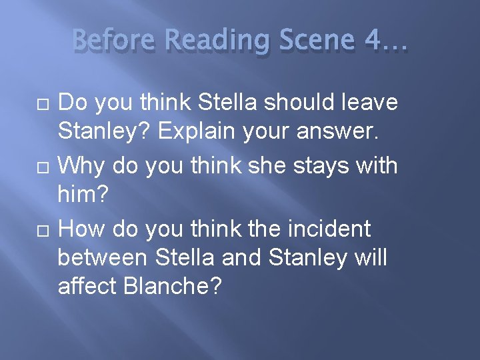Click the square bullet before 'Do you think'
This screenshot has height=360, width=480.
[x=43, y=104]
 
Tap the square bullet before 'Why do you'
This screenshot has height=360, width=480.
[x=43, y=165]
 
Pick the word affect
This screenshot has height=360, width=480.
[x=87, y=287]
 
